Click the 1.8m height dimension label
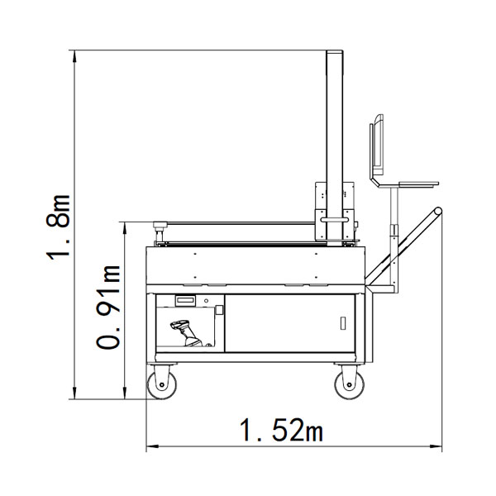58,227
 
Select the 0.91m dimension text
108,307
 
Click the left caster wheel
162,384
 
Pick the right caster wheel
349,384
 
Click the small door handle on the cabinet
342,323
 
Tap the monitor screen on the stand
376,145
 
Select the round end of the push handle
438,211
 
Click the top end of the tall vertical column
335,51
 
